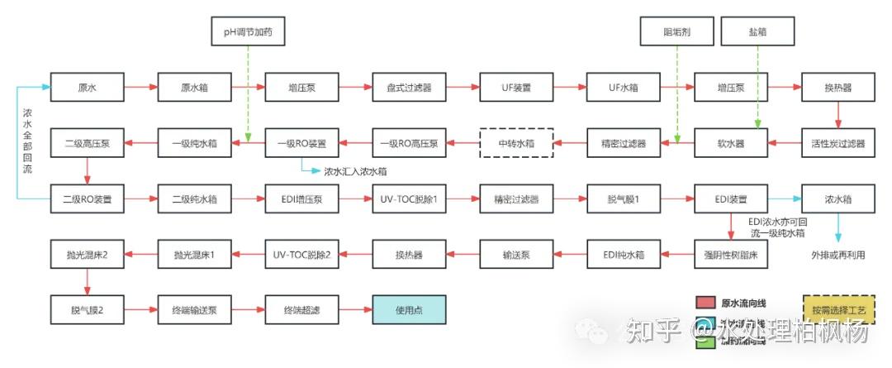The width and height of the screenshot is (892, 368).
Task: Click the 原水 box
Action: (87, 87)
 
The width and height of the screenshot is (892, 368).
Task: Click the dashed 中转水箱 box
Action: (516, 143)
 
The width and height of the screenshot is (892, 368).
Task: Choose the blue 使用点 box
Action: (409, 310)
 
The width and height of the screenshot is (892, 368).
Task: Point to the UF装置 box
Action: (516, 87)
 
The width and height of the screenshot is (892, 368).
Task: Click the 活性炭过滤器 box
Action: (838, 143)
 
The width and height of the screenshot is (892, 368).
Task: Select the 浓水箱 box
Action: (838, 199)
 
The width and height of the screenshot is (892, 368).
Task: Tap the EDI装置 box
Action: (731, 199)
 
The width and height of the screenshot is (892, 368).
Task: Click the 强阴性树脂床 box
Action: (731, 255)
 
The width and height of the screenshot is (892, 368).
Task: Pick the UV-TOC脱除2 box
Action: (301, 255)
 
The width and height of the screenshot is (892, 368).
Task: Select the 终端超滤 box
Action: (301, 310)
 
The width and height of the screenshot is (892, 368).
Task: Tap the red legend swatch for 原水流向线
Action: (704, 303)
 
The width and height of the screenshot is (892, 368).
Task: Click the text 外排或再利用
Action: (838, 255)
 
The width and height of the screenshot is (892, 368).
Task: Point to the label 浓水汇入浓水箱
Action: (355, 172)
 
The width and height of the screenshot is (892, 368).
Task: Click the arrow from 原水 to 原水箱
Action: (140, 87)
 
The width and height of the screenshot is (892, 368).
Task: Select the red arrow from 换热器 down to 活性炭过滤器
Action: (838, 115)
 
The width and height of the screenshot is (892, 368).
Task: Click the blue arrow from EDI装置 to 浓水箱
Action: (785, 199)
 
